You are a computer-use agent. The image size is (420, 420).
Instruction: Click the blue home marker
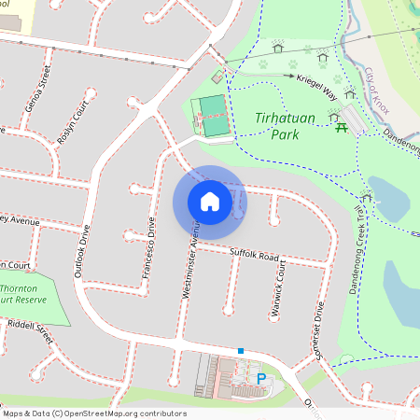coord(210,201)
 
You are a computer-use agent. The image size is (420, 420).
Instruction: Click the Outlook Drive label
coord(79,253)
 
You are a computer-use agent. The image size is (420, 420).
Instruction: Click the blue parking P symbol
coord(260,378)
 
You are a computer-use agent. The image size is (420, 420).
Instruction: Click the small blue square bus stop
coord(241,351)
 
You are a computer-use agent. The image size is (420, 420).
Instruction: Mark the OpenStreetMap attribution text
coord(94,413)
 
